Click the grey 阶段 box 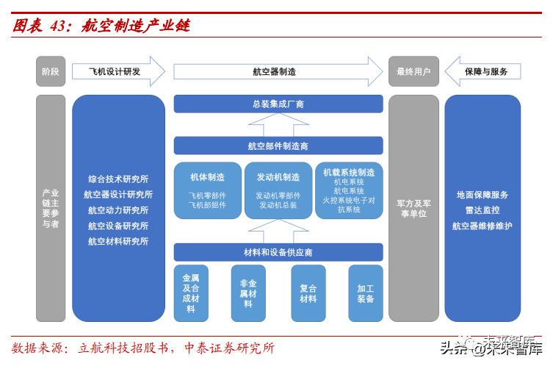click(51, 71)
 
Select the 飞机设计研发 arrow click(118, 71)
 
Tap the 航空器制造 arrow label click(274, 71)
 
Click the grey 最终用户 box click(413, 71)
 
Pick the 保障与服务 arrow click(485, 71)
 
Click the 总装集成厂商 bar click(278, 104)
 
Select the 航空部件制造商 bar click(278, 146)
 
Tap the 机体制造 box click(207, 190)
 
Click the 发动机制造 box click(278, 190)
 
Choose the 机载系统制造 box click(349, 190)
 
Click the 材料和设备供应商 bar click(278, 252)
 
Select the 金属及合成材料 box click(191, 293)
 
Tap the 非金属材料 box click(248, 293)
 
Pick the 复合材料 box click(308, 293)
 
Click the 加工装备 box click(366, 293)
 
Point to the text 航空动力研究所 click(118, 210)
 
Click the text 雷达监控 click(482, 210)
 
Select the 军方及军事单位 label click(413, 208)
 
